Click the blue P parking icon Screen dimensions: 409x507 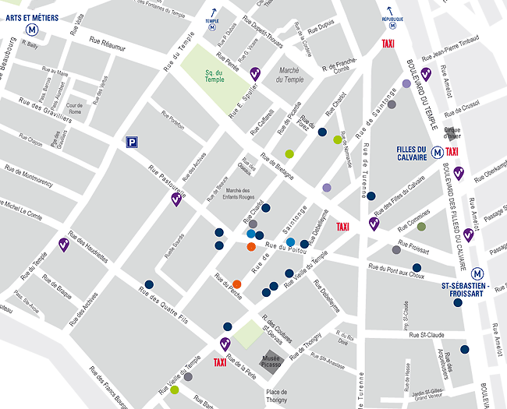pyautogui.click(x=133, y=142)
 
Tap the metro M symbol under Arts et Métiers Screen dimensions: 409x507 pyautogui.click(x=33, y=30)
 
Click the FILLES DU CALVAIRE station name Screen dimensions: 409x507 pyautogui.click(x=410, y=154)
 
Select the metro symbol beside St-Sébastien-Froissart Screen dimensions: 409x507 pyautogui.click(x=477, y=273)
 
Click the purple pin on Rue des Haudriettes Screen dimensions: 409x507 pyautogui.click(x=64, y=244)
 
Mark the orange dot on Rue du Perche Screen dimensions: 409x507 pyautogui.click(x=236, y=284)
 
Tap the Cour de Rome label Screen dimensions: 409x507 pyautogui.click(x=75, y=108)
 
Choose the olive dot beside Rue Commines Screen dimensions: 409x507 pyautogui.click(x=421, y=227)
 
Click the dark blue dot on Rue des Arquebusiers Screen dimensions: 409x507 pyautogui.click(x=465, y=349)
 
